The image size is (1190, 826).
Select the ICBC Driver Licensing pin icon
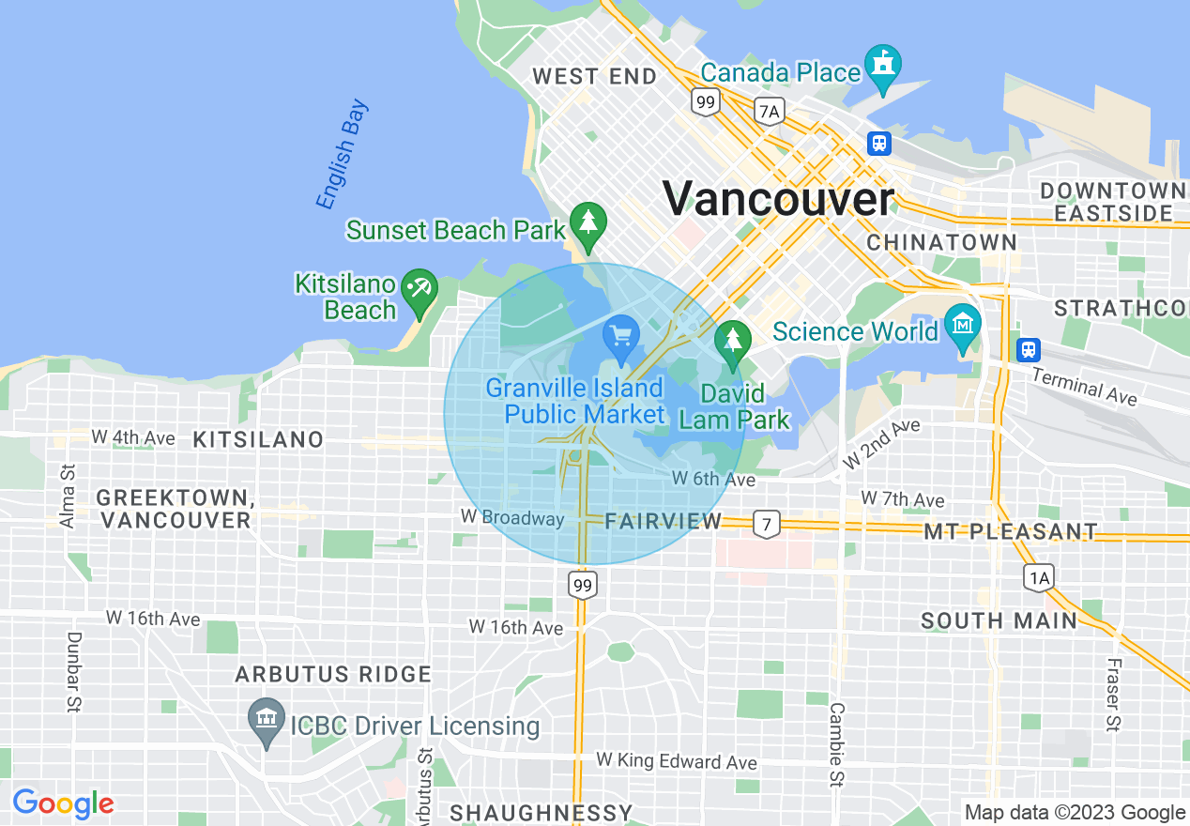point(267,722)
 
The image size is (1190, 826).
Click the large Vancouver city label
point(779,199)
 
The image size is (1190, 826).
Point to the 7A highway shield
point(769,112)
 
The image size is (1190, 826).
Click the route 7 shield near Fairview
point(767,524)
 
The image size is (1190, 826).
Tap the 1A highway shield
point(1039,577)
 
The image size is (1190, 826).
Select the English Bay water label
point(342,155)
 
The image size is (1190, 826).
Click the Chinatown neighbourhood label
point(941,242)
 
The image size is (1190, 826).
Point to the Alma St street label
point(67,495)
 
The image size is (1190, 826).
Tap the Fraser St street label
point(1112,694)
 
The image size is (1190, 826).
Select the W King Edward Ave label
point(677,761)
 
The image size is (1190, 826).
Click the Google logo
point(63,803)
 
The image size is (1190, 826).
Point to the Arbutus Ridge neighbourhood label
point(333,674)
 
